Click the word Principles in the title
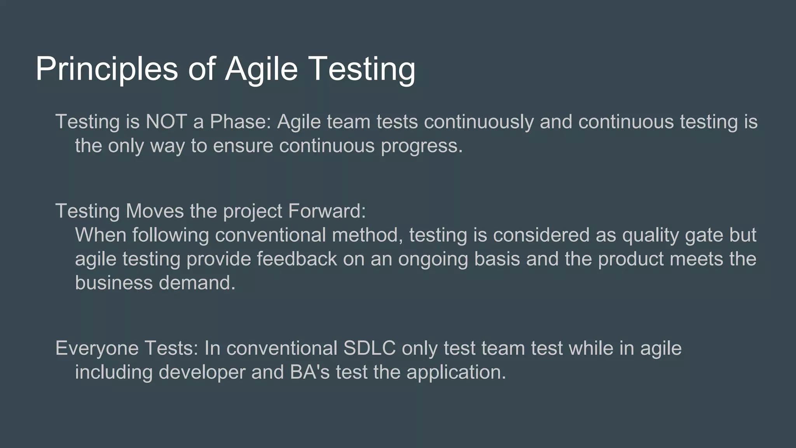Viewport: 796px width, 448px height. click(106, 69)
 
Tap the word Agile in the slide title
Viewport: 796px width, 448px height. click(261, 69)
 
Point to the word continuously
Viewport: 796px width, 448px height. click(478, 122)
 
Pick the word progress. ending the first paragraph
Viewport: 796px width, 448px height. click(422, 146)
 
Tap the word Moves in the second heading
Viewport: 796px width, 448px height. click(154, 211)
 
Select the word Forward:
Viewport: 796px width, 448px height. click(327, 211)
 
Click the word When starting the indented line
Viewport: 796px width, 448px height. click(100, 235)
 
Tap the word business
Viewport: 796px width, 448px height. click(114, 283)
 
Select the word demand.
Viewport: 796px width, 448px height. click(197, 283)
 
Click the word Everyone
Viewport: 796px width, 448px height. click(97, 348)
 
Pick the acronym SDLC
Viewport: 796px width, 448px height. click(369, 348)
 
